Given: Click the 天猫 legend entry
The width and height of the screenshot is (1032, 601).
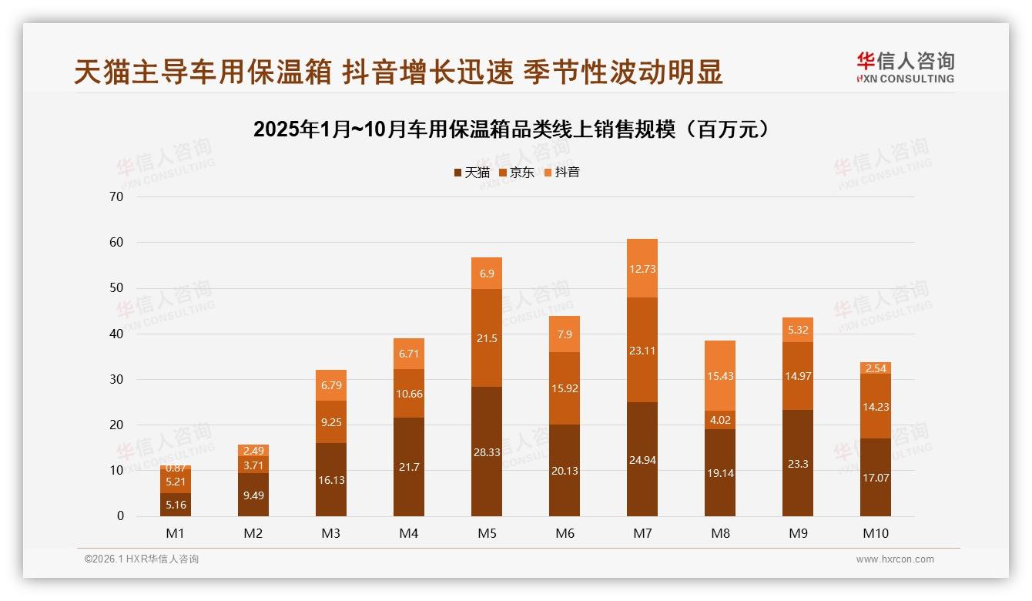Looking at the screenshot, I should pos(471,172).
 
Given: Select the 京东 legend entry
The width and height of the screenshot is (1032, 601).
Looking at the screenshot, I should pos(517,172).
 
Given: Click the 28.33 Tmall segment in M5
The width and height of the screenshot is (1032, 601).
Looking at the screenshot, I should pos(487,452).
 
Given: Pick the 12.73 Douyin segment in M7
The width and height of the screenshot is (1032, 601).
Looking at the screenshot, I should pos(642,268).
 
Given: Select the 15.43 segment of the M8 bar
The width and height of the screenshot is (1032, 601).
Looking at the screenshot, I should pos(720,375).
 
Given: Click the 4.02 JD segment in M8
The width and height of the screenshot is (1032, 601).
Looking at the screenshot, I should pos(720,420).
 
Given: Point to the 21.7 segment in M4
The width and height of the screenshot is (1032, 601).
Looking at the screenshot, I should pos(409,467).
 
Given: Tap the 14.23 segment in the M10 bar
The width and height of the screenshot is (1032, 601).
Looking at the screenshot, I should pos(876,406).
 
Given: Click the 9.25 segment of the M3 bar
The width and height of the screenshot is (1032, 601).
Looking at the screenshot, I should pos(331,421).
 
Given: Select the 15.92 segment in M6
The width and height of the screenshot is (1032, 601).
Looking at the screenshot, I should pos(565,388).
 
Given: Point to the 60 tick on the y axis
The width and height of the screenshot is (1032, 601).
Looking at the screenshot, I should pos(116,242).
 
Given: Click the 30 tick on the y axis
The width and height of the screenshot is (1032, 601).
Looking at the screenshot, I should pos(116,379).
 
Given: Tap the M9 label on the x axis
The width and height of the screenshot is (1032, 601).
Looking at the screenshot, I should pos(798,533).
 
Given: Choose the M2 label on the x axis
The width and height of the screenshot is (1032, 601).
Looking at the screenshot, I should pos(253,533).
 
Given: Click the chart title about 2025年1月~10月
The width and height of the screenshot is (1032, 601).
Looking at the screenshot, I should pos(511,129).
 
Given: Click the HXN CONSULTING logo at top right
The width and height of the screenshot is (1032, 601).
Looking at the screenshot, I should pos(905,68).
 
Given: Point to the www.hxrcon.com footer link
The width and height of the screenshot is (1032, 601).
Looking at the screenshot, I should pos(895,559).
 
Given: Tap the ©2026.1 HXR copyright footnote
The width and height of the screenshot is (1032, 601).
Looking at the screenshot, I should pos(142,559).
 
